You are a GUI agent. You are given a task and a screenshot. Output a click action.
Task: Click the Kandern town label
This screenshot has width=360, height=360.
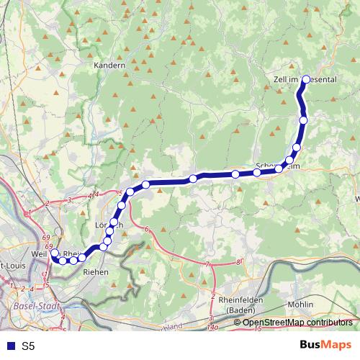[109, 65]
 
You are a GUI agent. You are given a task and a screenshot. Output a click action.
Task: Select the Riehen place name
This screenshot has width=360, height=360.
[96, 272]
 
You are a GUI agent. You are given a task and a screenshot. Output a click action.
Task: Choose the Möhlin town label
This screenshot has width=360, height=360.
[300, 305]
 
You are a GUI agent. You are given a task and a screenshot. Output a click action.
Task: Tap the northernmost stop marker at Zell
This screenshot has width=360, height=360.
[307, 79]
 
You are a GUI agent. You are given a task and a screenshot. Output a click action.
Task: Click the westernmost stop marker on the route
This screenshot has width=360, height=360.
[54, 253]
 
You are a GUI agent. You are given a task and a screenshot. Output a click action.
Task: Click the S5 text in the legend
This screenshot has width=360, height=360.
[27, 346]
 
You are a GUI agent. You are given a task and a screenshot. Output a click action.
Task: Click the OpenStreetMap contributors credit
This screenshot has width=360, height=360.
[297, 322]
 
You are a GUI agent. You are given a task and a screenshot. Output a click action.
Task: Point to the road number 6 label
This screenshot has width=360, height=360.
[146, 229]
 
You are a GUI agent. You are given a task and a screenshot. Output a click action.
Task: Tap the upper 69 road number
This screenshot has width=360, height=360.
[46, 237]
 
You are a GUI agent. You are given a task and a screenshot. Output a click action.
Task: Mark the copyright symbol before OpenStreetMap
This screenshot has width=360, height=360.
[238, 322]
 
